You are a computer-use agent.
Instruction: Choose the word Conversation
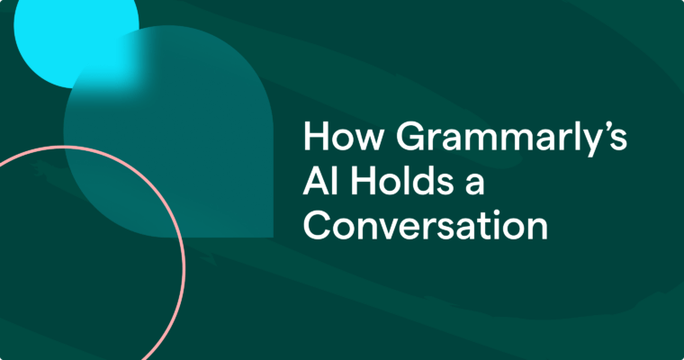[425, 225]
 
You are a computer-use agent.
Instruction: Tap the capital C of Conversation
[317, 225]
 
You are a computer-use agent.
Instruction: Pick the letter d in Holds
[408, 182]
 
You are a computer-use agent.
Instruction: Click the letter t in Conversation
[486, 226]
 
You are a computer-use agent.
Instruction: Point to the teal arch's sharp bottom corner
[271, 236]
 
